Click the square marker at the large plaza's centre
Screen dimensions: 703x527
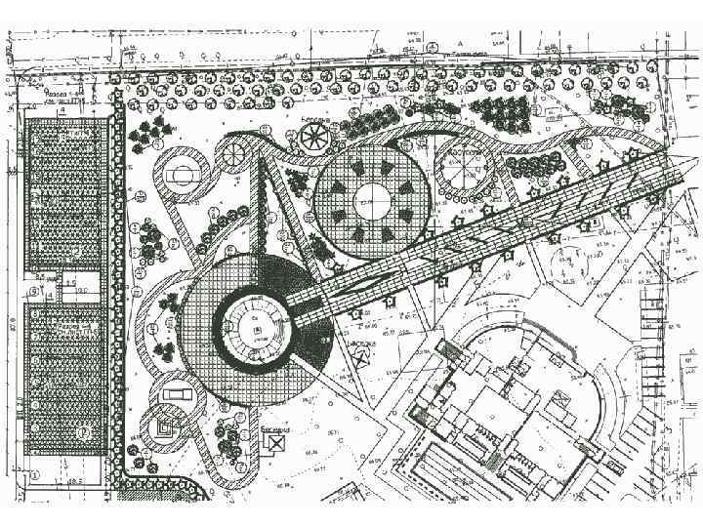click(x=257, y=331)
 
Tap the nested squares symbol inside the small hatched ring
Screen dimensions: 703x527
click(x=162, y=426)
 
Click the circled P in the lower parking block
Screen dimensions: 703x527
click(x=82, y=430)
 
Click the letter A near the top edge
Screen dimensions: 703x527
click(x=457, y=44)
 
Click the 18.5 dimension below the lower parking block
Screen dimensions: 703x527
click(x=74, y=483)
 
